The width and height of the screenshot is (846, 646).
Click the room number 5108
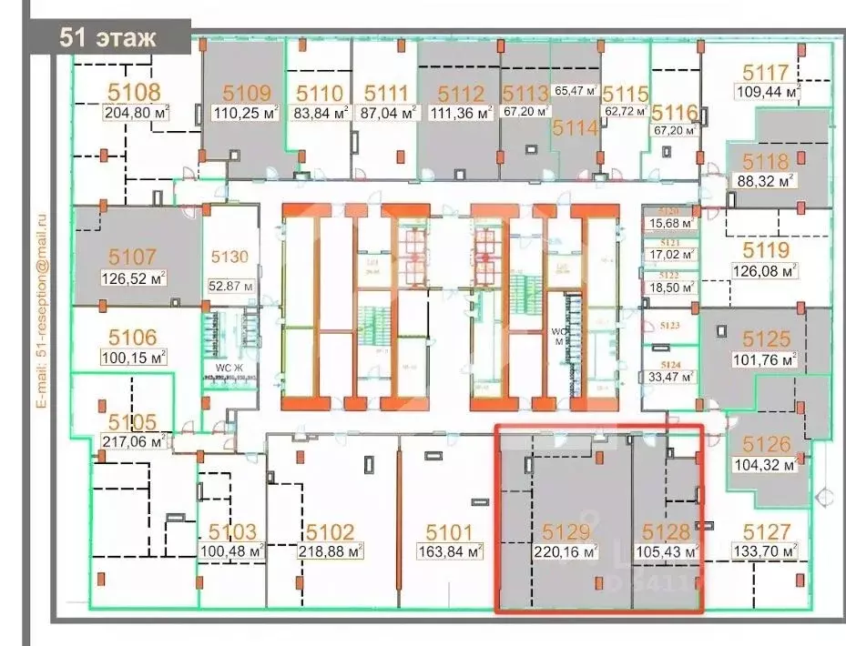(135, 92)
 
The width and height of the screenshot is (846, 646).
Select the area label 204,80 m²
(135, 114)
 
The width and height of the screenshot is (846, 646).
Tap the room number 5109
(247, 92)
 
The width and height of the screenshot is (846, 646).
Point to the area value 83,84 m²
(319, 114)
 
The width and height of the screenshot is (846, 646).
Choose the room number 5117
(766, 72)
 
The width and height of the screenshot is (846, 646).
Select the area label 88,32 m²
(766, 180)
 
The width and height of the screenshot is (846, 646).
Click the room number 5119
(766, 248)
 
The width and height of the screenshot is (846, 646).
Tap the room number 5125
(766, 339)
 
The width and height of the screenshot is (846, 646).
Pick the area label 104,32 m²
(766, 464)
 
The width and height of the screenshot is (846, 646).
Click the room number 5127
(766, 530)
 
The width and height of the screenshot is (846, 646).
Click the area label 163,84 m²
(453, 551)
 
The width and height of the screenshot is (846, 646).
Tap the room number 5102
(330, 531)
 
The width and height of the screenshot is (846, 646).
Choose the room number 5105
(133, 421)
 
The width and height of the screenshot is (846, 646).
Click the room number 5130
(229, 257)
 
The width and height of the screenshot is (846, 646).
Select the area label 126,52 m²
(132, 278)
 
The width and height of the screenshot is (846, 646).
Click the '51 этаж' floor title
(107, 38)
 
